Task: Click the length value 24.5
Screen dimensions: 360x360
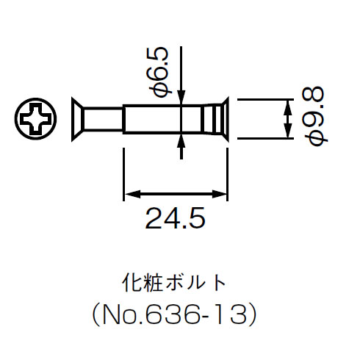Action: pyautogui.click(x=174, y=218)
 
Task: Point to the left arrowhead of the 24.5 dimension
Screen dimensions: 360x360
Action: pyautogui.click(x=129, y=194)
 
